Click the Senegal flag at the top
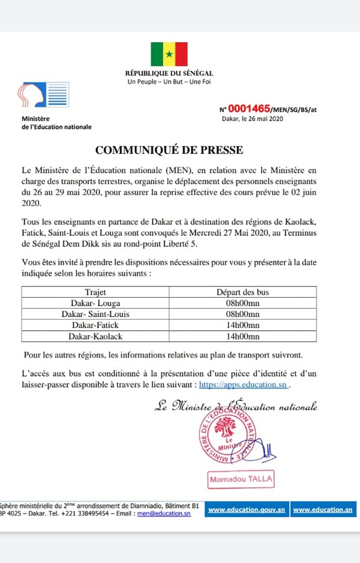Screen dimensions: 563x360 (x=169, y=54)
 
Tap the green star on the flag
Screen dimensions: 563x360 (x=169, y=54)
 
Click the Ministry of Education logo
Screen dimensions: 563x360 (x=43, y=95)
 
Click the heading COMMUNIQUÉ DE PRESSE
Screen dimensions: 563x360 (x=169, y=149)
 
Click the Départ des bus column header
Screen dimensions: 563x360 (x=243, y=292)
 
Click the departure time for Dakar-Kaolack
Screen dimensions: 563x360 (x=243, y=336)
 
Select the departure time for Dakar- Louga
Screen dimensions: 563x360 (x=243, y=303)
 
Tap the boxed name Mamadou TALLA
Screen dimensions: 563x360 (x=241, y=480)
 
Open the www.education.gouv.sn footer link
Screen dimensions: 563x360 (x=246, y=510)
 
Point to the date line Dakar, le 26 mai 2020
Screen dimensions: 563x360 (x=253, y=119)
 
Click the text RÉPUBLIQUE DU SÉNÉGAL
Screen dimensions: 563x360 (x=169, y=74)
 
